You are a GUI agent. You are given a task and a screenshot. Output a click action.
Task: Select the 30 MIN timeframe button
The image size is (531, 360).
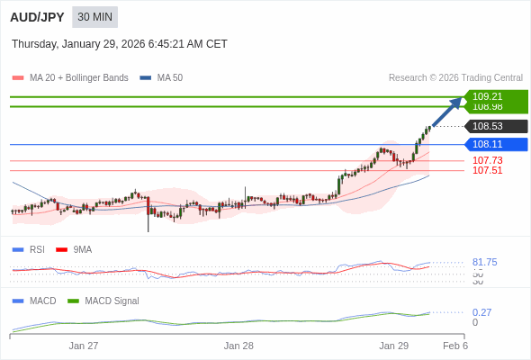pos(94,17)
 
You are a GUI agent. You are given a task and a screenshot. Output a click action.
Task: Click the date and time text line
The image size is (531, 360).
pos(120,44)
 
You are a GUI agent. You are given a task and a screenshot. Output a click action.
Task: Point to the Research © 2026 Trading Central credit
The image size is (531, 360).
pos(455,78)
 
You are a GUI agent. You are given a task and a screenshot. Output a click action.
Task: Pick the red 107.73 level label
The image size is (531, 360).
pos(487,160)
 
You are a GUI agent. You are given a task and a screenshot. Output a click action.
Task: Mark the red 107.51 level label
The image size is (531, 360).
pos(487,170)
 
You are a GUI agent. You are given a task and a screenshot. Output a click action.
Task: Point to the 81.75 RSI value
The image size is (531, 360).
pos(484,262)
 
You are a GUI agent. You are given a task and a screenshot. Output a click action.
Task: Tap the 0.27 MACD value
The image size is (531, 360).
pos(481,312)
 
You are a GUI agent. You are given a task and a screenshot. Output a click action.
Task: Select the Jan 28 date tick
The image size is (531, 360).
pos(238,346)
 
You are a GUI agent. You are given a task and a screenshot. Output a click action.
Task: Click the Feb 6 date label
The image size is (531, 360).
pos(455,346)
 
